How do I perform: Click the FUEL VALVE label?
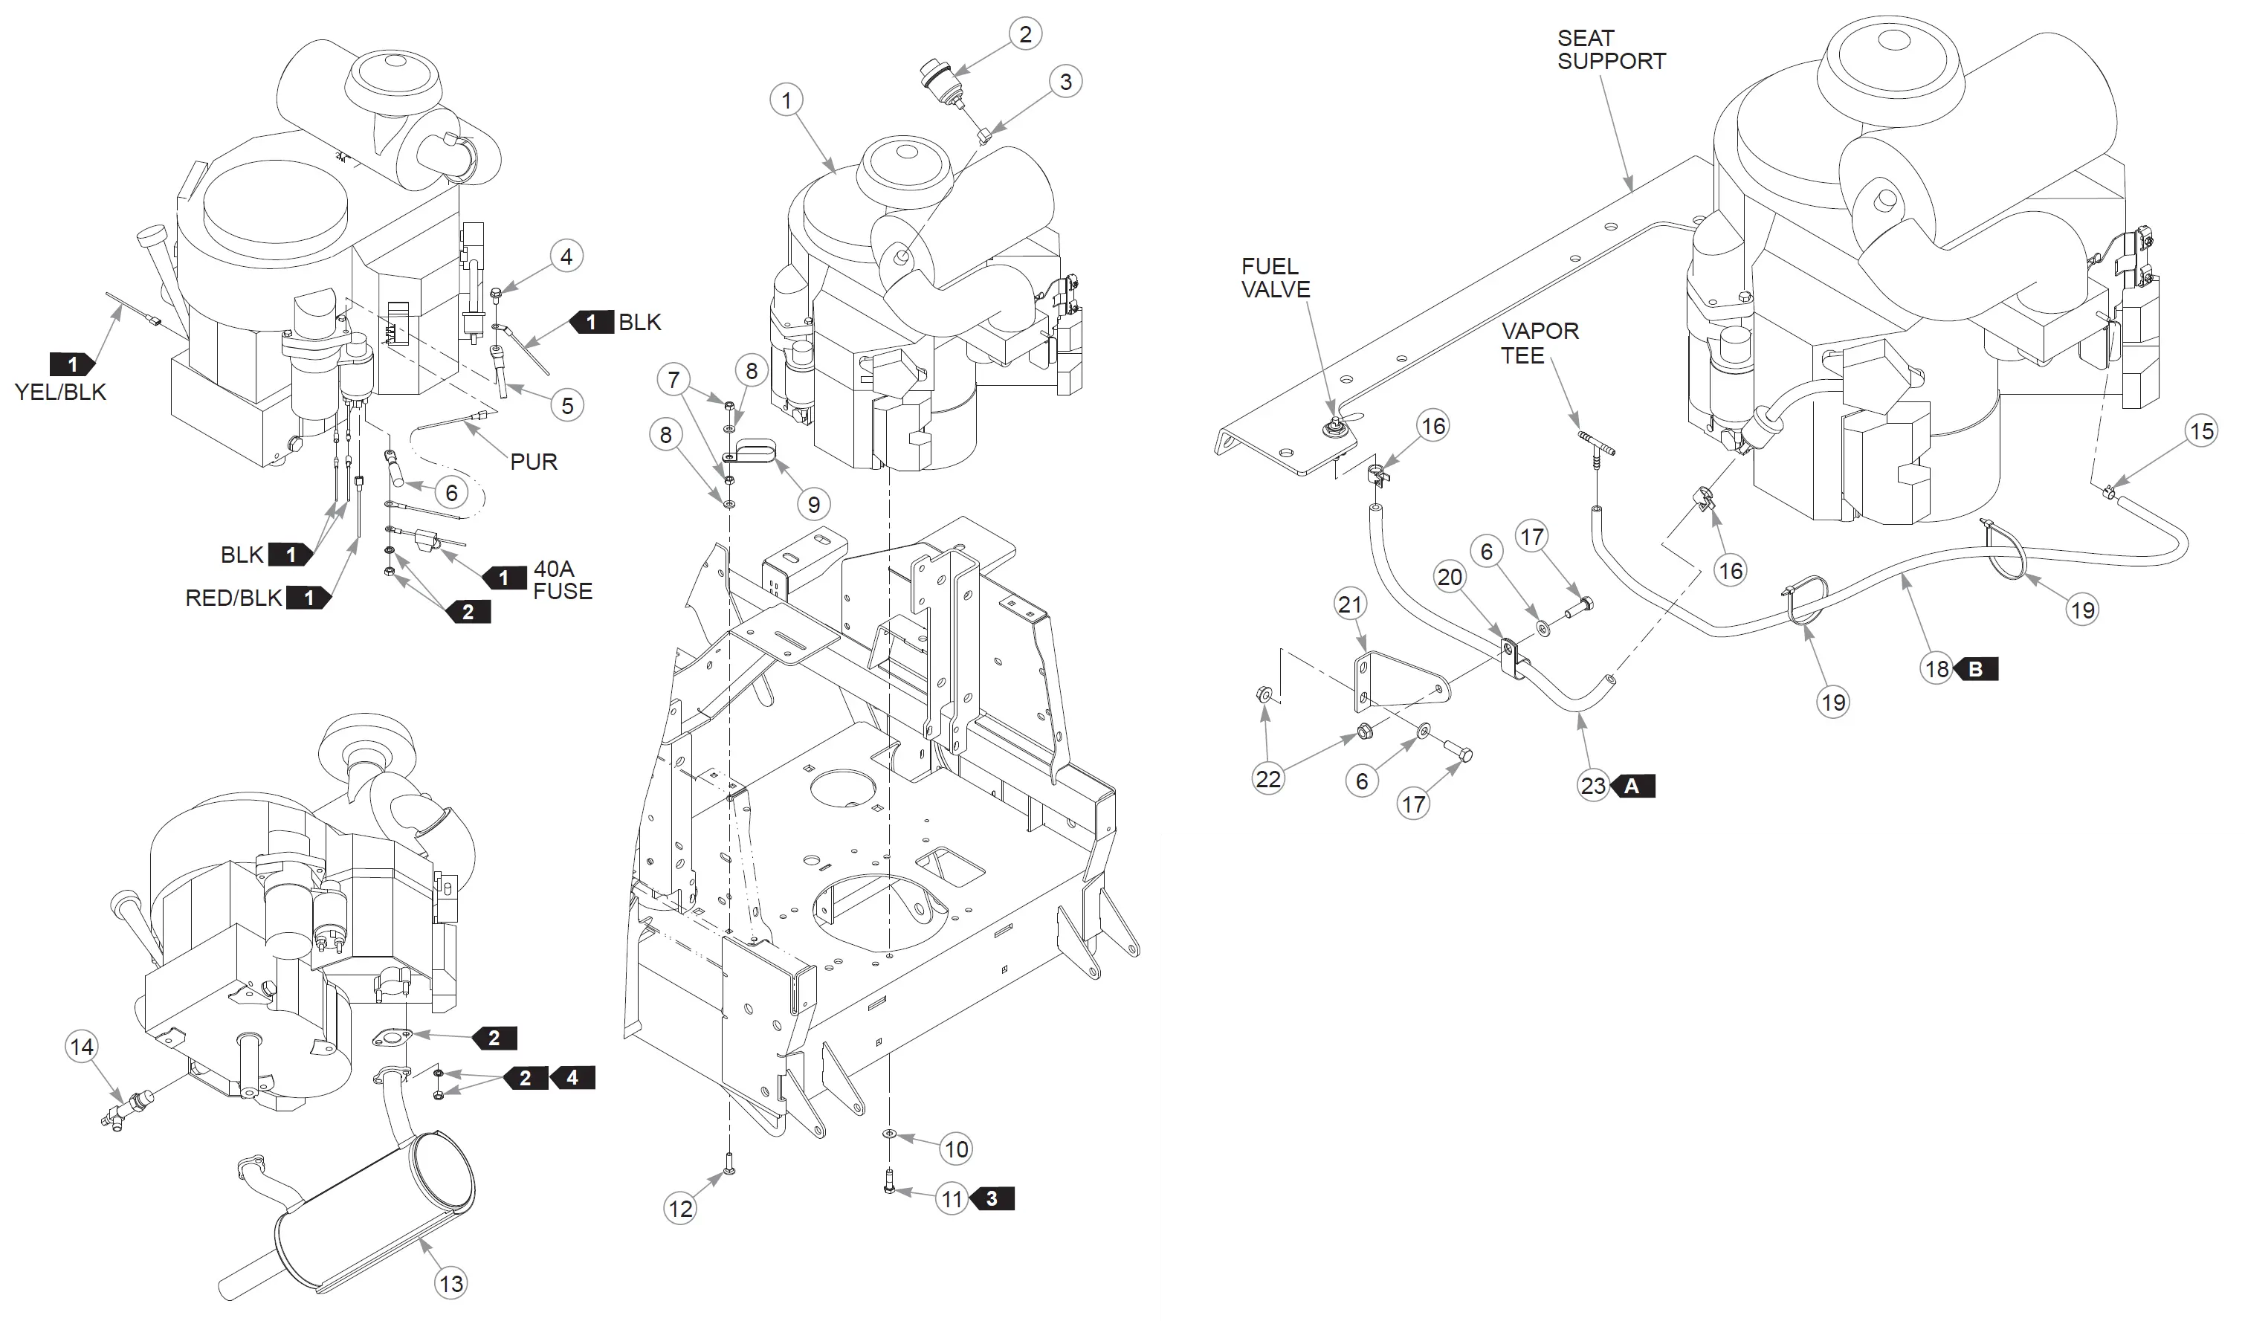[1276, 278]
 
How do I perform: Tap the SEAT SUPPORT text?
[1611, 50]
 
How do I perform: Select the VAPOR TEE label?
[1540, 343]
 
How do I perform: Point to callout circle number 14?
[82, 1047]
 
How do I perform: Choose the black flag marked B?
[1975, 669]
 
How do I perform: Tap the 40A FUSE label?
[562, 580]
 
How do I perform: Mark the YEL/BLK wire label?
[60, 392]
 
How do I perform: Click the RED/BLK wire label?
[233, 598]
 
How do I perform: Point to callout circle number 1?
[786, 100]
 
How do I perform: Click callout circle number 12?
[681, 1209]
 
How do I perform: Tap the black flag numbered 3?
[992, 1199]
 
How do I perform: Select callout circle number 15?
[2201, 432]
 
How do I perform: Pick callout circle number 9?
[813, 504]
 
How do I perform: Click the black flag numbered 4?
[572, 1078]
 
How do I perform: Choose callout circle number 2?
[1025, 34]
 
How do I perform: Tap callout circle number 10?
[956, 1149]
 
